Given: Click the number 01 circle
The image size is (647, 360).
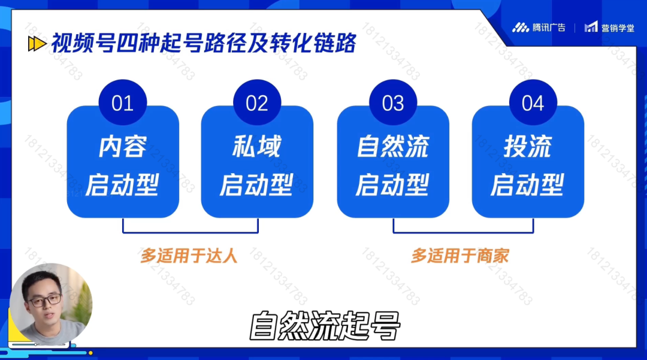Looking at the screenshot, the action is (x=123, y=102).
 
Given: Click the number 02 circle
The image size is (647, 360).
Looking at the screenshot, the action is (x=257, y=102).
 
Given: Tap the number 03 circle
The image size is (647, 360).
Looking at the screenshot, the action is (x=393, y=102).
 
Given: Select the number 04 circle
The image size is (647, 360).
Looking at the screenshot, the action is (x=533, y=102).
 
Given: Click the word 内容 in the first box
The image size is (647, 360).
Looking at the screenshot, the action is (x=123, y=146).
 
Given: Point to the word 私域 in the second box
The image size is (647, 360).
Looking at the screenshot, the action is (x=256, y=146).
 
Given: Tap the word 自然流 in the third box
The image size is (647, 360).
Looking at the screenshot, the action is (x=393, y=146).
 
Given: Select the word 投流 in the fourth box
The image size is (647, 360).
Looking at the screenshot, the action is (x=527, y=146).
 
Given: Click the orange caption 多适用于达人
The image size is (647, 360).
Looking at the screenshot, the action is (x=189, y=256).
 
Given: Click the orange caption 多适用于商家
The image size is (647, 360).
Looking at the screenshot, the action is (x=459, y=256).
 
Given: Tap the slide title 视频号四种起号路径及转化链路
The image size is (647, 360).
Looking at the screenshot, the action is (x=204, y=43).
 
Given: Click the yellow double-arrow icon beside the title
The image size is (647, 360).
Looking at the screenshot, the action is (x=37, y=44).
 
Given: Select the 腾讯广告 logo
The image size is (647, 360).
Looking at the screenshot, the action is (x=539, y=28).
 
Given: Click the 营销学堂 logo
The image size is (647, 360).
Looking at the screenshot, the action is (x=609, y=28).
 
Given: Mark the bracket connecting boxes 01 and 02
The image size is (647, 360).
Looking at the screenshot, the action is (x=191, y=232).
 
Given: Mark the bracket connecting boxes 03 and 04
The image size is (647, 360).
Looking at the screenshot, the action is (x=463, y=232).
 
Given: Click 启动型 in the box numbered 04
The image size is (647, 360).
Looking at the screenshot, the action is (x=527, y=184).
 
